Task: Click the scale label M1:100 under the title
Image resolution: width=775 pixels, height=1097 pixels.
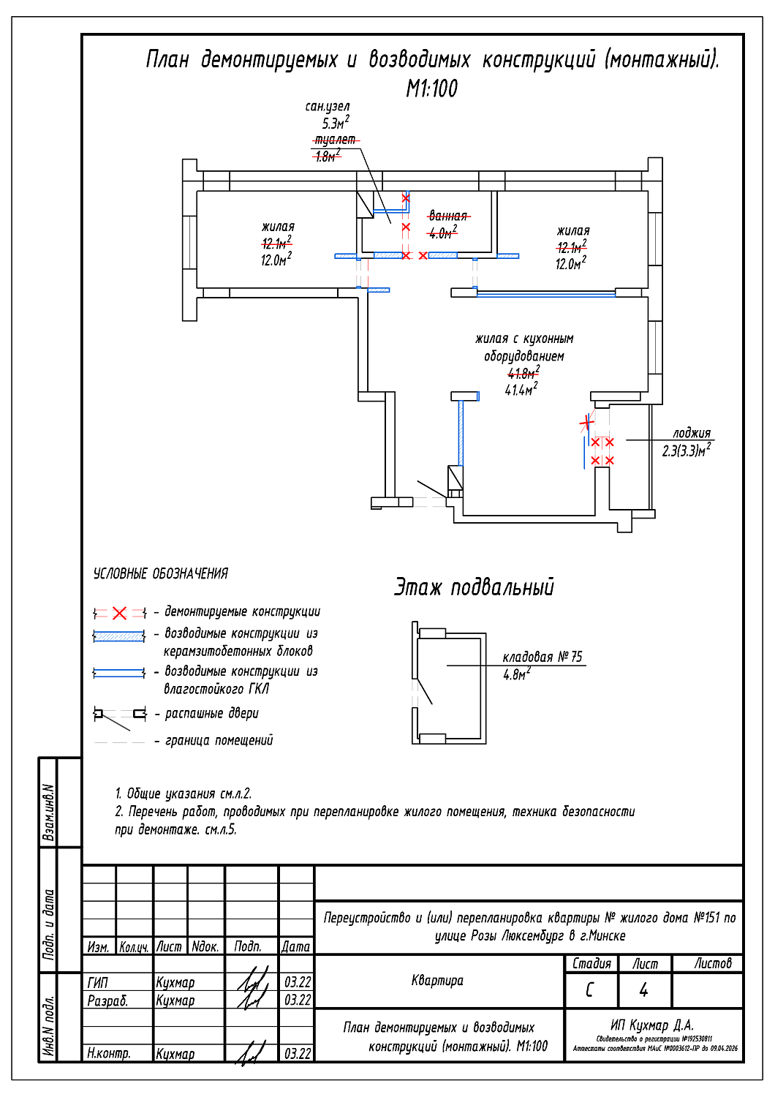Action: (431, 88)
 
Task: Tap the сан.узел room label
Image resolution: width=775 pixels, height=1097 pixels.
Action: (328, 107)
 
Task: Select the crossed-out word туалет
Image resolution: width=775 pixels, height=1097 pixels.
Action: (336, 140)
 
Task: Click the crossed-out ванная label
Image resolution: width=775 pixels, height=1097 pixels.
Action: (448, 216)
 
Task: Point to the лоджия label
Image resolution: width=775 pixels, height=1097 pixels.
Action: (691, 433)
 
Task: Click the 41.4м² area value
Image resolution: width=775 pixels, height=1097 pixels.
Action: (521, 390)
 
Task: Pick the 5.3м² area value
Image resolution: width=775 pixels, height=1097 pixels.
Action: (335, 124)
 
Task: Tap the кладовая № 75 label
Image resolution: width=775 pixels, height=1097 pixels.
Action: (542, 657)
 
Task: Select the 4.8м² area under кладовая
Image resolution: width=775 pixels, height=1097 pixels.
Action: (516, 674)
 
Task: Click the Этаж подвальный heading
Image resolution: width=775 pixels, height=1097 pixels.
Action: (475, 587)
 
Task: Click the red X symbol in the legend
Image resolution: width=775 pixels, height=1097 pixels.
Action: (120, 613)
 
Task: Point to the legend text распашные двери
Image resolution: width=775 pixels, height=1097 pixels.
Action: (212, 713)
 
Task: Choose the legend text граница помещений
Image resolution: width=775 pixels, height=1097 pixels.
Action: (219, 740)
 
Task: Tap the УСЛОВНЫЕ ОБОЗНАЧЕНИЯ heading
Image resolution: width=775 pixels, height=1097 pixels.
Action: (161, 574)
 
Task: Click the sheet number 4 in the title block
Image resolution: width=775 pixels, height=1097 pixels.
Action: (643, 990)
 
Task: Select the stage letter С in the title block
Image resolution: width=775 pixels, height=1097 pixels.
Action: (590, 990)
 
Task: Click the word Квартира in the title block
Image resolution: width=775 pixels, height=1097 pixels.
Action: (437, 980)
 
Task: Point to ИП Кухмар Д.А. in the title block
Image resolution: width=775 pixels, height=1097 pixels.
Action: (652, 1025)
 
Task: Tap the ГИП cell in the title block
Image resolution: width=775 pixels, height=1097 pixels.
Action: (97, 982)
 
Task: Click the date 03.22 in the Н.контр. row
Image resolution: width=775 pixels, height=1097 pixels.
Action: (298, 1054)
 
